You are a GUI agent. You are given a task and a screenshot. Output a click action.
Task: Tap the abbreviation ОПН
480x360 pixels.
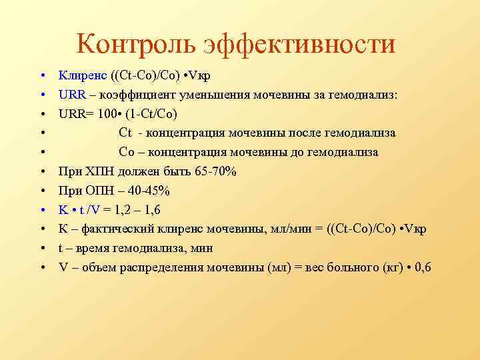(x=101, y=191)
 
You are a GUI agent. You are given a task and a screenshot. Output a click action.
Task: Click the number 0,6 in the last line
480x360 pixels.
(x=423, y=268)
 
